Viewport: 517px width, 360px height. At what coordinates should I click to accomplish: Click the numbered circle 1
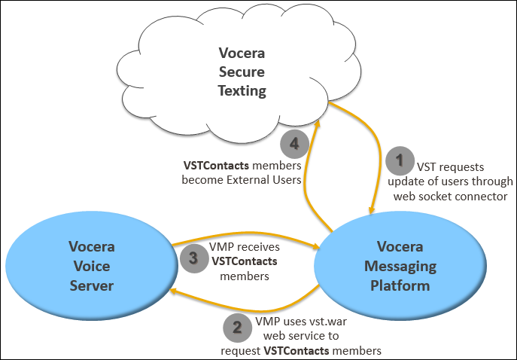[x=400, y=159]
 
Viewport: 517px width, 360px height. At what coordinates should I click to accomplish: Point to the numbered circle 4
[x=293, y=143]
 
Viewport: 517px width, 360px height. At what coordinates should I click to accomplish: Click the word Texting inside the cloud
[x=242, y=90]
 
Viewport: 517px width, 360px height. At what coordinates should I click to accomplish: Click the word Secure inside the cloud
[x=242, y=72]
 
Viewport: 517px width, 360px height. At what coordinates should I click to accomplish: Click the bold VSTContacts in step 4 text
[x=215, y=166]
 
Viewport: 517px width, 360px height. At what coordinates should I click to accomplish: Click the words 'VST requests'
[x=449, y=167]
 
